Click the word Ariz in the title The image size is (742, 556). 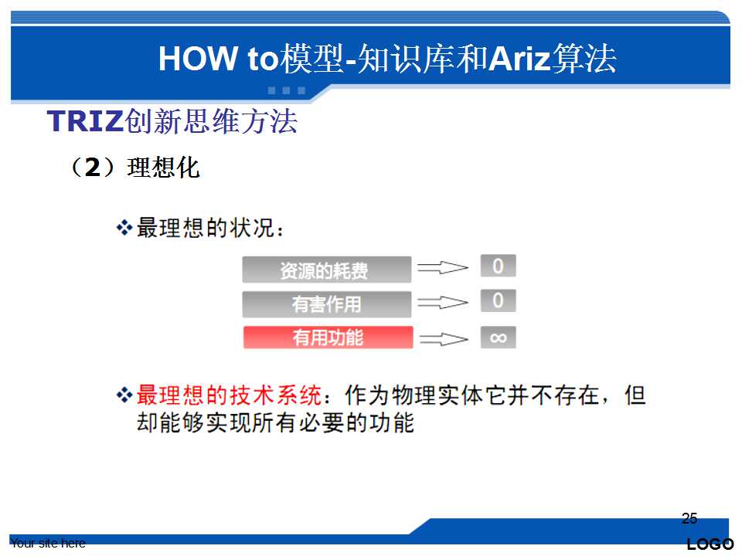[519, 59]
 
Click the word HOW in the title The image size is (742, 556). [198, 59]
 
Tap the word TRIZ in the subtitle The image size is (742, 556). [85, 121]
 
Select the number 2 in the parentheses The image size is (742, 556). [93, 168]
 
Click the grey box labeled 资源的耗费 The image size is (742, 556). [326, 270]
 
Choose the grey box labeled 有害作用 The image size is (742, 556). [326, 304]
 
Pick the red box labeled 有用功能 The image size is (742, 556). [328, 337]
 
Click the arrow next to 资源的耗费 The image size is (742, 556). [442, 268]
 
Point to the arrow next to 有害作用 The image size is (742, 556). [442, 302]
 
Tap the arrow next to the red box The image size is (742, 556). [444, 338]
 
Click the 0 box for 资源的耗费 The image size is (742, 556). [498, 266]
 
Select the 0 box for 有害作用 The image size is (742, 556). [498, 300]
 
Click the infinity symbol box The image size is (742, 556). [498, 337]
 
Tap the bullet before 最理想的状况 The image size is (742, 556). [124, 228]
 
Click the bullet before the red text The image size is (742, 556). [124, 395]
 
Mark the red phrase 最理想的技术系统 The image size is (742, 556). [229, 395]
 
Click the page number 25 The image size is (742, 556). [689, 518]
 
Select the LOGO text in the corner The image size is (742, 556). [710, 544]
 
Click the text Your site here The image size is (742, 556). [48, 543]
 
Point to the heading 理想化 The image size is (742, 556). [163, 168]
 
